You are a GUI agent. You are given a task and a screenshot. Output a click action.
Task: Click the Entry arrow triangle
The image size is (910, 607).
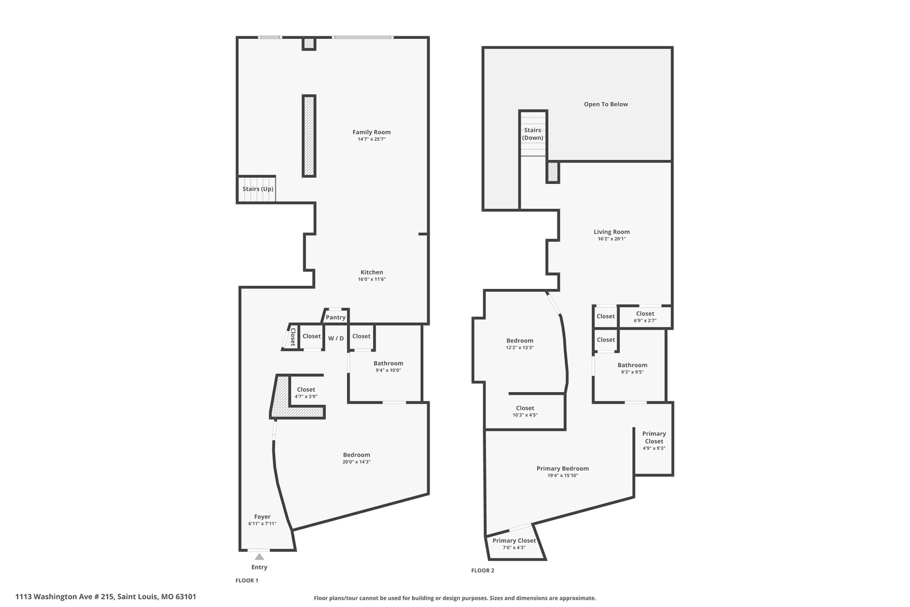[x=259, y=557]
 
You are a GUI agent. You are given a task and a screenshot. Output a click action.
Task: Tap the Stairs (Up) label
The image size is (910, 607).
[x=258, y=189]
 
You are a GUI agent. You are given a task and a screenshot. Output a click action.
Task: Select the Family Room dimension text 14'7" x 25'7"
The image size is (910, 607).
[x=371, y=139]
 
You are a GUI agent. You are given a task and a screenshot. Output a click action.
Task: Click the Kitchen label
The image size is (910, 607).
[x=372, y=272]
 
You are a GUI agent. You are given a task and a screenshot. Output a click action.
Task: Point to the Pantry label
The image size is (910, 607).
[x=335, y=317]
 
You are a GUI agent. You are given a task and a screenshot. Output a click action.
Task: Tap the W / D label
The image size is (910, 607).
[x=336, y=338]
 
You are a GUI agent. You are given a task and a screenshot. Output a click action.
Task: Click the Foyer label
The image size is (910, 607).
[x=262, y=517]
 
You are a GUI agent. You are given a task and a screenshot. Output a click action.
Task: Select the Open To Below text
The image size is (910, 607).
[x=605, y=104]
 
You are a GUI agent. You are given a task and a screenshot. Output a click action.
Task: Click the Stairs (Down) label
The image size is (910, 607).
[x=533, y=134]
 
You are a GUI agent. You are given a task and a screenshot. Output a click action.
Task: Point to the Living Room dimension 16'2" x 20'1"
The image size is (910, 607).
[x=612, y=239]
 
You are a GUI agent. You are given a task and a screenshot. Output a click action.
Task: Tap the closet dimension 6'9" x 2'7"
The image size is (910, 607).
[x=645, y=320]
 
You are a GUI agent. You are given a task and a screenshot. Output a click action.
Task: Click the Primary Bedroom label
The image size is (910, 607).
[x=562, y=469]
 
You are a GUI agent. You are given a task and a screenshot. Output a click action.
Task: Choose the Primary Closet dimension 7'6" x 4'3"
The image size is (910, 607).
[x=514, y=548]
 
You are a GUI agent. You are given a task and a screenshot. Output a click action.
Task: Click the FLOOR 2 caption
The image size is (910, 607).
[x=483, y=571]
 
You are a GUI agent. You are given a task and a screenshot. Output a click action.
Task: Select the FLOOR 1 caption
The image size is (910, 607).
[x=247, y=580]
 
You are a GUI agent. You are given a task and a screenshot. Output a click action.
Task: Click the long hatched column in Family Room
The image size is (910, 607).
[x=309, y=136]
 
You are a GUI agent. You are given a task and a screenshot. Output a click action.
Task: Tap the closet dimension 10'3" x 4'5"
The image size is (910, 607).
[x=525, y=415]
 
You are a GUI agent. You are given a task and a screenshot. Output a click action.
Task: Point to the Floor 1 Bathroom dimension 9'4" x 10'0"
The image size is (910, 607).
[x=388, y=370]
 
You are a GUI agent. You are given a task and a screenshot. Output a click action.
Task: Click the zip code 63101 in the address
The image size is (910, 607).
[x=184, y=597]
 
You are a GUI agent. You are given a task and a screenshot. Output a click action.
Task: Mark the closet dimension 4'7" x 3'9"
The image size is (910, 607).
[x=306, y=396]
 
